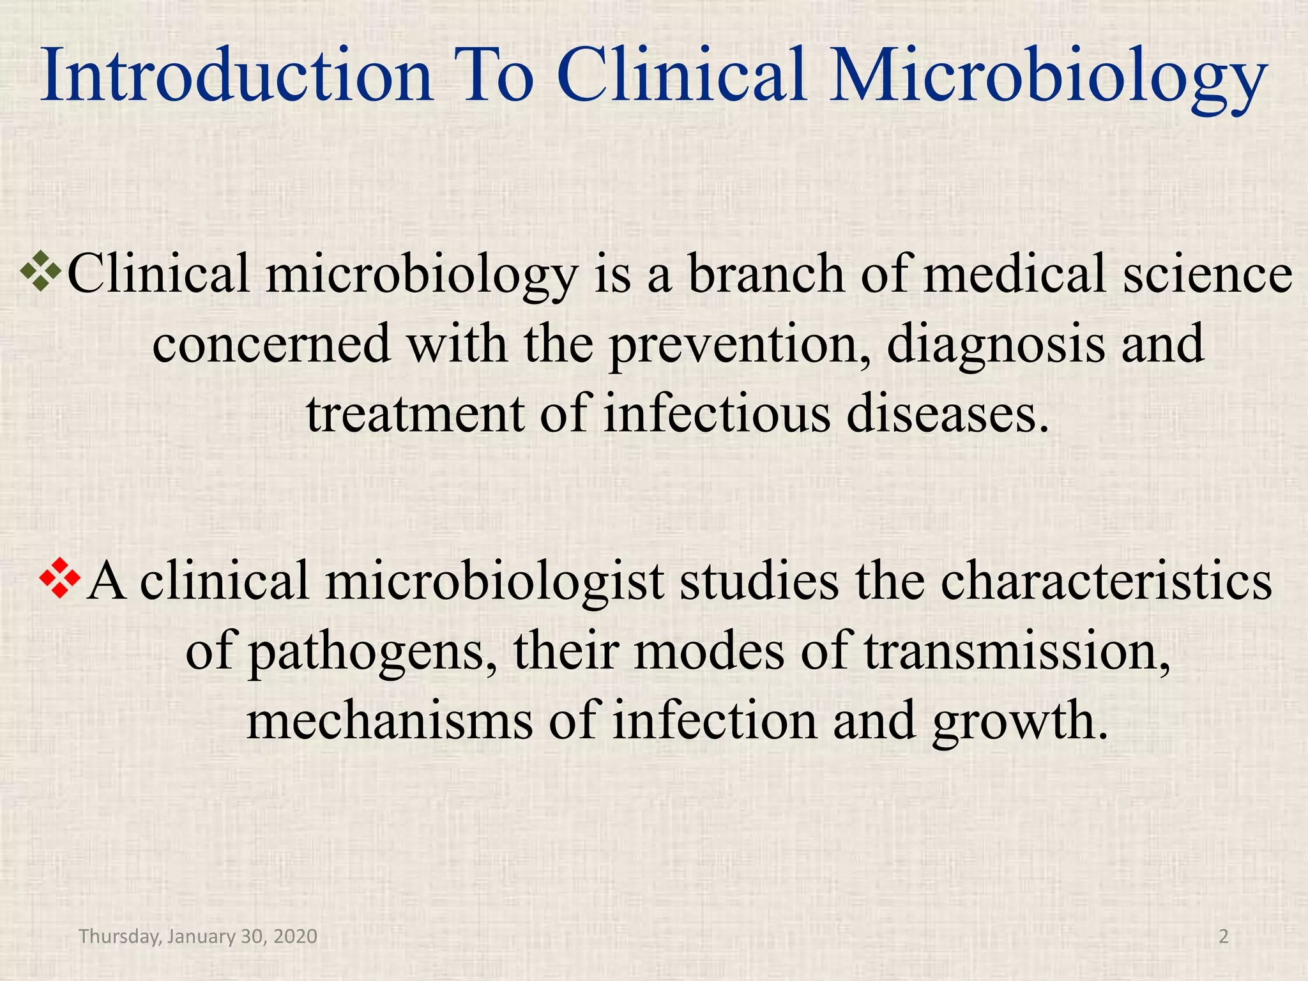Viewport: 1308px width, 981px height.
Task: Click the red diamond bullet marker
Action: (60, 579)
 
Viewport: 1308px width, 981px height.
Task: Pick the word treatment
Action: (414, 415)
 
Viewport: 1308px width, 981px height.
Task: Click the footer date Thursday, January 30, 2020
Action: (198, 936)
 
